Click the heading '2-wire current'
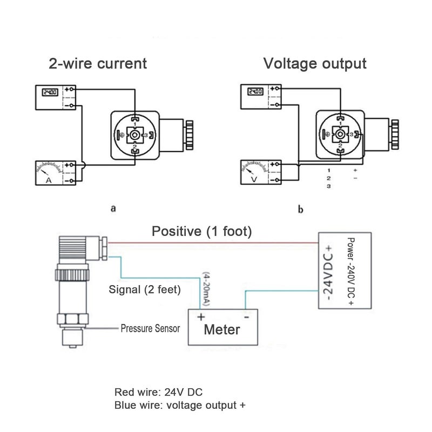point(97,64)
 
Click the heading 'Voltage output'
point(315,64)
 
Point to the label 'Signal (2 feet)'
point(144,289)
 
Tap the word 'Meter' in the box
point(221,329)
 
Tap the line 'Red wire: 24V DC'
point(151,391)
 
